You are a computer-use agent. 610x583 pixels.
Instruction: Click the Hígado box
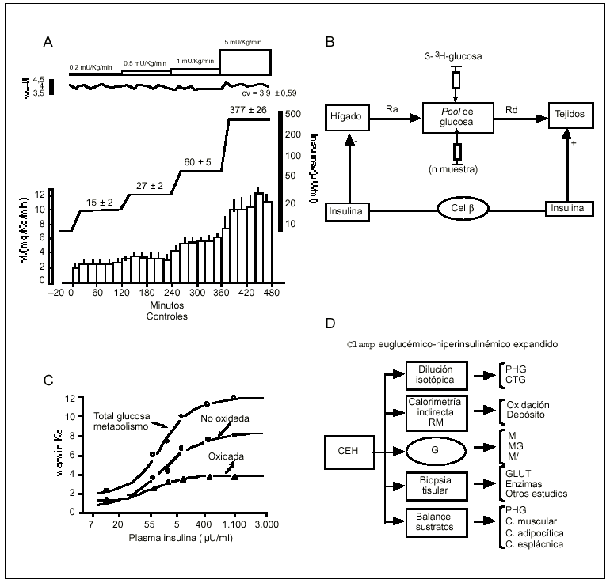(x=346, y=116)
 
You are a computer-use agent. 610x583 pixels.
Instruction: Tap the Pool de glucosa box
(x=456, y=115)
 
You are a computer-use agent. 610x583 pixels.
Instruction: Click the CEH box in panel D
(x=345, y=452)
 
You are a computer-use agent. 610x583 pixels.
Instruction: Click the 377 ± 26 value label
(x=248, y=108)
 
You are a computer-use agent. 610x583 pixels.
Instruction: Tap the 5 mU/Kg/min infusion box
(x=245, y=60)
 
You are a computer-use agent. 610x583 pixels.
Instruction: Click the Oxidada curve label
(x=226, y=457)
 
